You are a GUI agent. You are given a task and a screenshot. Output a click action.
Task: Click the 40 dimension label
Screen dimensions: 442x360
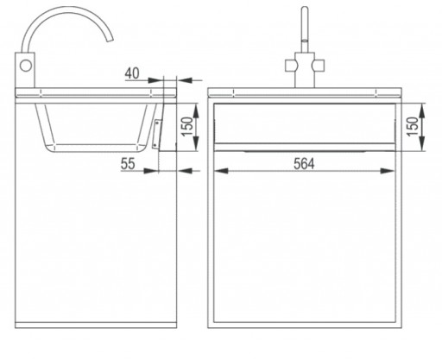click(x=132, y=73)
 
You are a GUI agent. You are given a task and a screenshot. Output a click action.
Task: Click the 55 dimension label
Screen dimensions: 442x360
click(x=128, y=164)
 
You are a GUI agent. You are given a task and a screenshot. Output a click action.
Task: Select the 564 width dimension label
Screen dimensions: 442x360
click(x=304, y=164)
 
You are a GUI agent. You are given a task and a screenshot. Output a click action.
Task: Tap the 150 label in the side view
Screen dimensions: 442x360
click(x=187, y=127)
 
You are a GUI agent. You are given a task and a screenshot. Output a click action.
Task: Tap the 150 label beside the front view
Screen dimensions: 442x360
click(x=413, y=127)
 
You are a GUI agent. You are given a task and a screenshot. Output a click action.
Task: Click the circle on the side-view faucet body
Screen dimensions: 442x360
click(x=26, y=66)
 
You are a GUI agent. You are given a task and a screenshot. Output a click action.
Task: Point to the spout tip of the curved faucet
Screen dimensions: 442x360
click(x=110, y=40)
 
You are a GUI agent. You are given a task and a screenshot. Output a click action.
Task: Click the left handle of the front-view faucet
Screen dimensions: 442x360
click(x=291, y=66)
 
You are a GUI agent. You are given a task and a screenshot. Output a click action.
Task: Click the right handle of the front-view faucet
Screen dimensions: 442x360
click(x=319, y=66)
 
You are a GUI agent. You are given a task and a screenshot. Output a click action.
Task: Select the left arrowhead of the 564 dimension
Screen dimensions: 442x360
click(x=222, y=171)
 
